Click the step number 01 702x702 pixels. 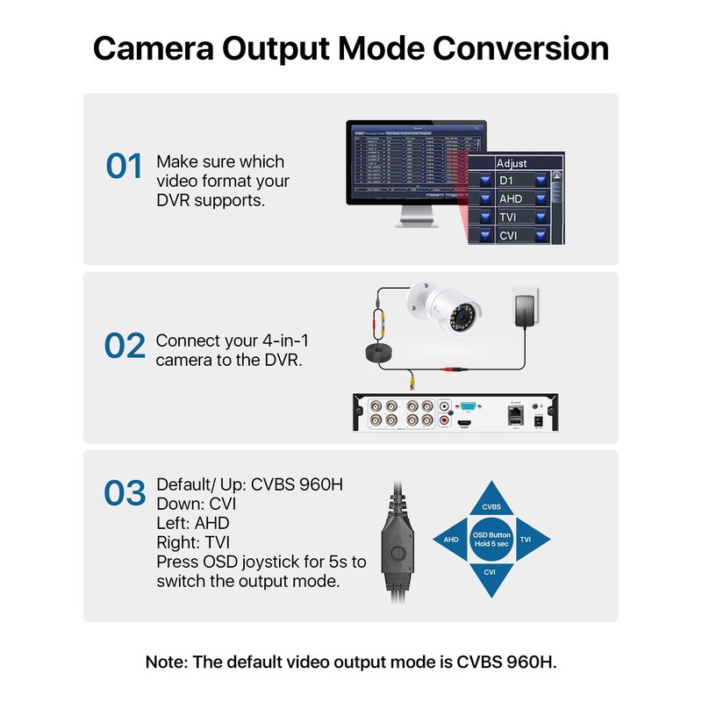pyautogui.click(x=124, y=166)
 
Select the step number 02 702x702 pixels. pyautogui.click(x=125, y=346)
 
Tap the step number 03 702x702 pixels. pyautogui.click(x=125, y=493)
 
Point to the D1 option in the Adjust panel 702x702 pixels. pyautogui.click(x=506, y=180)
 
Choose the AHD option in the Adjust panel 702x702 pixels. pyautogui.click(x=510, y=199)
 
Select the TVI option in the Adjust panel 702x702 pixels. pyautogui.click(x=508, y=218)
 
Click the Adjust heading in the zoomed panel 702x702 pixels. pyautogui.click(x=512, y=163)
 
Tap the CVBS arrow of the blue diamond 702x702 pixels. pyautogui.click(x=491, y=505)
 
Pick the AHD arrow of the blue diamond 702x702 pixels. pyautogui.click(x=451, y=540)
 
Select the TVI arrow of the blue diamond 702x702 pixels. pyautogui.click(x=526, y=540)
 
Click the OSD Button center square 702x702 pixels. pyautogui.click(x=491, y=539)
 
